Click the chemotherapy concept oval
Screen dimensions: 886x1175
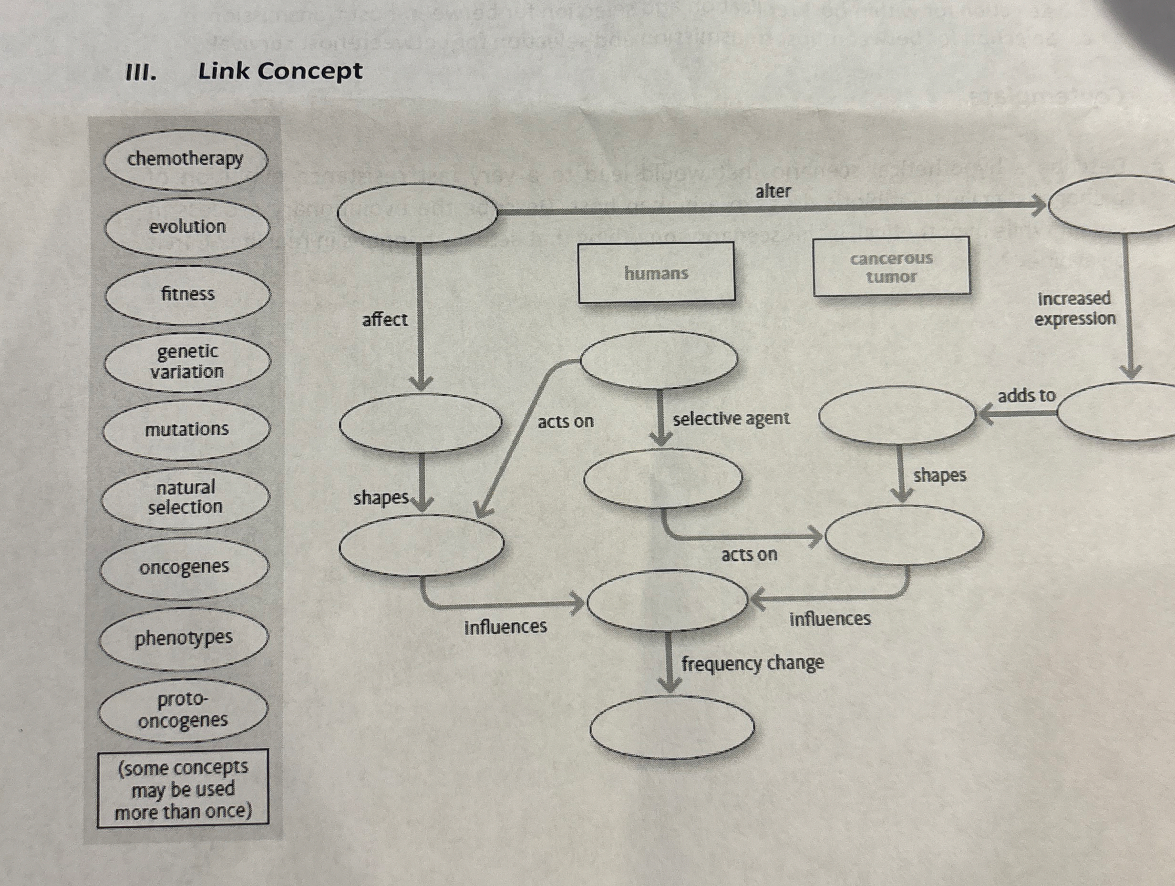186,159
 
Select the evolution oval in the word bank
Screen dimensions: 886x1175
187,227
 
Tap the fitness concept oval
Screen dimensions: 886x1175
188,294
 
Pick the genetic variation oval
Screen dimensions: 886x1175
187,361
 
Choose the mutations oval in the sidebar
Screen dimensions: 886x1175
186,429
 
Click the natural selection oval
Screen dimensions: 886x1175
186,497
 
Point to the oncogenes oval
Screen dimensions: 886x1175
185,567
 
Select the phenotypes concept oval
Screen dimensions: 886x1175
184,638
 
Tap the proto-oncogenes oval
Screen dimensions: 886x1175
183,710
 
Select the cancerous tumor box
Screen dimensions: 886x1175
891,267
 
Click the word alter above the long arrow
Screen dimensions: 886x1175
773,191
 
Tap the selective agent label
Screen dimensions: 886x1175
731,419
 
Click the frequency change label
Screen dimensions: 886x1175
752,663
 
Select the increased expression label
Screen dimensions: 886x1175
1074,309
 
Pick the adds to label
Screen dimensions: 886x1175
1026,396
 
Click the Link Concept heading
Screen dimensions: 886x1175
280,71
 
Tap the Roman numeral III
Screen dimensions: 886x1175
141,72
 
